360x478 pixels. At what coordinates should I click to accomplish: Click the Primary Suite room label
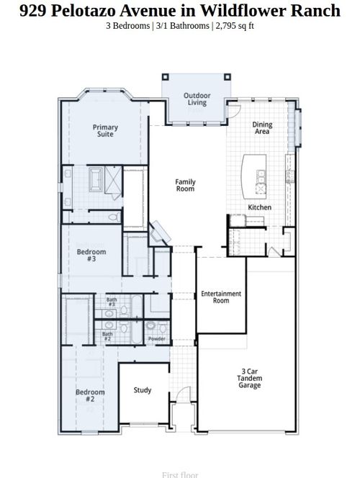105,130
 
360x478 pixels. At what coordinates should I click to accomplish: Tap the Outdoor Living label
197,99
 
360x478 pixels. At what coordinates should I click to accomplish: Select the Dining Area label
262,128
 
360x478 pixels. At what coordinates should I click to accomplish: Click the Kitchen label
259,207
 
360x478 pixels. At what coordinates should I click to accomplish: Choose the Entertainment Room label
221,297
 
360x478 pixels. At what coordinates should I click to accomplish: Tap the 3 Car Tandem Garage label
250,379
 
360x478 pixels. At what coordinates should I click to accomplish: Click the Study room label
143,390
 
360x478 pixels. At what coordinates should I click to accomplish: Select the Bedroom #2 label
91,395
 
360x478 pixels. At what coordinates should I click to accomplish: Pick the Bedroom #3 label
91,255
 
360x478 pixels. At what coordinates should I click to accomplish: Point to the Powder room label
156,338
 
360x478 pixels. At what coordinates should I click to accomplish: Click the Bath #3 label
112,302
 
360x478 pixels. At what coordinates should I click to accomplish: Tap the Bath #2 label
107,336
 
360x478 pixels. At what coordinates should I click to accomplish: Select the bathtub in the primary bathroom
96,178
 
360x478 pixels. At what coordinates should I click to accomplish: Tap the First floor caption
179,474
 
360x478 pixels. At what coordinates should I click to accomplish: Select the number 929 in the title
32,10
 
